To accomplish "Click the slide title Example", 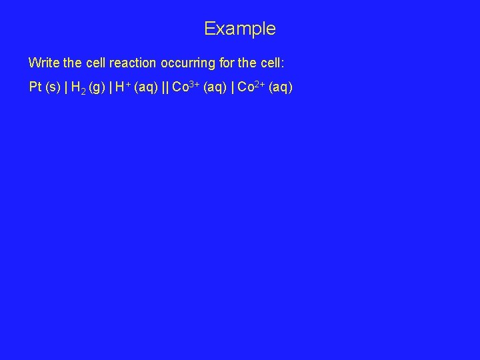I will coord(239,29).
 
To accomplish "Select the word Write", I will coord(43,63).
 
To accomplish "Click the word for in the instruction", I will coord(227,63).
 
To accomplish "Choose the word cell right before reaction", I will coord(96,63).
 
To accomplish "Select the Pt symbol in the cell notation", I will coord(35,87).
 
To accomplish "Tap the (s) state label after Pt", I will coord(53,87).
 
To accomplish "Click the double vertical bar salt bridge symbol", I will coord(165,87).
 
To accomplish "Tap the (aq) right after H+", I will coord(145,87).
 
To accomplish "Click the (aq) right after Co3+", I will coord(216,87).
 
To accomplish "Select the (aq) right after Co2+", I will coord(281,87).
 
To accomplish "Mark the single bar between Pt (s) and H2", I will coord(65,87).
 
